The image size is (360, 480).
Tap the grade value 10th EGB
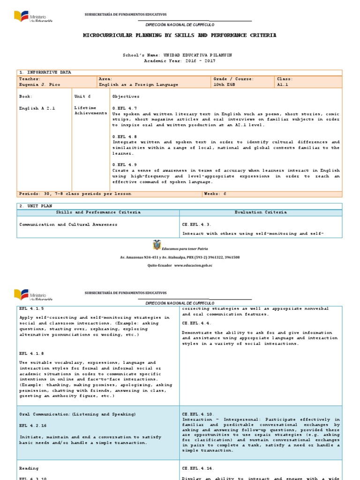(x=225, y=85)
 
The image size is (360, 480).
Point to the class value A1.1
(x=283, y=85)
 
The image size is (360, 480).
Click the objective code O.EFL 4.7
(x=124, y=108)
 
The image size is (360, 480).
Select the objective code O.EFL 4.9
(x=124, y=165)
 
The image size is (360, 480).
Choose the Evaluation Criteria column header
(x=261, y=212)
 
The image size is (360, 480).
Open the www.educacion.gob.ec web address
(x=193, y=265)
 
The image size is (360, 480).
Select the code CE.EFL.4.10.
(x=199, y=414)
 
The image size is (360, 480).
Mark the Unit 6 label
(x=82, y=97)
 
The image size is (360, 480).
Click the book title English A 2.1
(x=37, y=108)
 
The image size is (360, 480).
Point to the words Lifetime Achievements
(x=90, y=111)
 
